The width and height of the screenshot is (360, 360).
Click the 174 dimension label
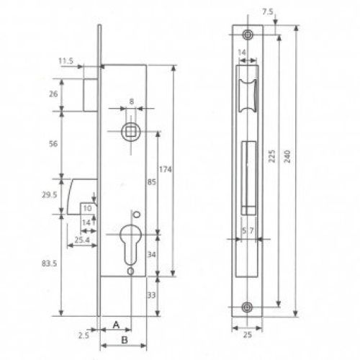point(166,169)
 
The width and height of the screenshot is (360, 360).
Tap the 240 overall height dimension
point(287,156)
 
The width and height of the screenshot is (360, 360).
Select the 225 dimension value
point(271,156)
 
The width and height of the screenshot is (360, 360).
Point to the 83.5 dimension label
point(49,264)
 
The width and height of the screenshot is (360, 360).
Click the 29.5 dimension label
point(50,194)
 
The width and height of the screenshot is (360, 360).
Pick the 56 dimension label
point(53,144)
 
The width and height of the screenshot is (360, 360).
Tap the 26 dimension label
point(53,94)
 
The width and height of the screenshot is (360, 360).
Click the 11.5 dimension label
point(66,60)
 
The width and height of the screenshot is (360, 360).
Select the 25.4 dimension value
point(82,240)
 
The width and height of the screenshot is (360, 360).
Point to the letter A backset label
point(116,325)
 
